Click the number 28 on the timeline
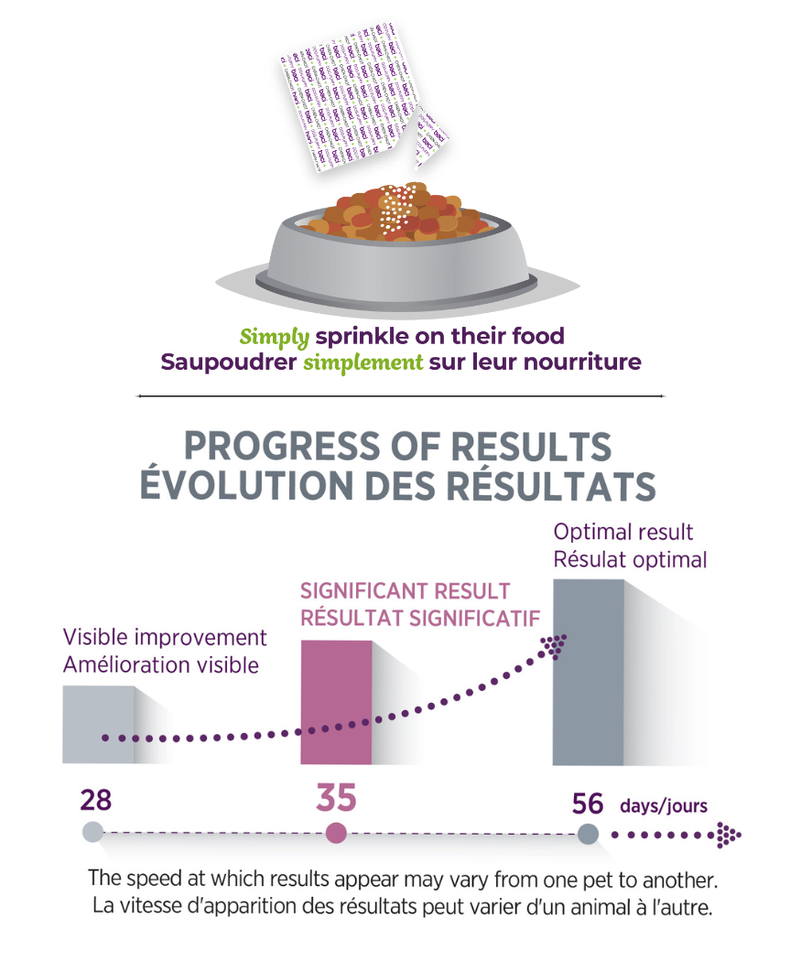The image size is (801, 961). click(x=95, y=800)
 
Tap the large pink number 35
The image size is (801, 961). click(x=336, y=797)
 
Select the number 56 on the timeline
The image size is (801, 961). click(x=588, y=804)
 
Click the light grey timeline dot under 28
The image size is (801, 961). click(x=92, y=832)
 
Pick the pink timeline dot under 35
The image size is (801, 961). click(x=336, y=833)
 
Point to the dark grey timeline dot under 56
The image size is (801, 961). click(x=588, y=834)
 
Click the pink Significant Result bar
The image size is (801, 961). click(x=336, y=702)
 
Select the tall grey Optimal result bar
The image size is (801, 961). click(x=588, y=673)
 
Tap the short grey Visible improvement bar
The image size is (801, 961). click(x=98, y=723)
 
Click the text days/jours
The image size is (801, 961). click(x=664, y=806)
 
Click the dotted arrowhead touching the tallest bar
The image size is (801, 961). click(x=554, y=645)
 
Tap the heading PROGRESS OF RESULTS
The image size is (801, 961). click(x=397, y=447)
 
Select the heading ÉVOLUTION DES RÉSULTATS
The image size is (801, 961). click(x=397, y=485)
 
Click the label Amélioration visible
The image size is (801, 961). click(x=161, y=664)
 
